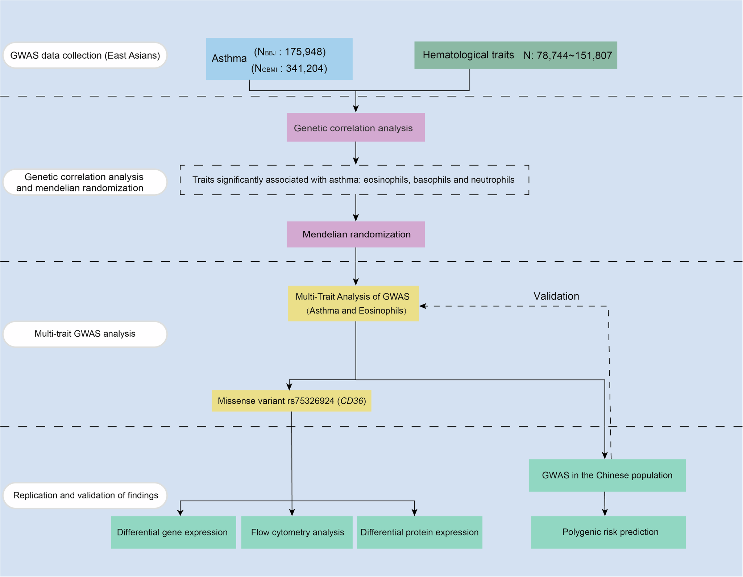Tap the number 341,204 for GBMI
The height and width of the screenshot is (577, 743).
tap(306, 69)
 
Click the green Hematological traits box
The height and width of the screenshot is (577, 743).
tap(515, 55)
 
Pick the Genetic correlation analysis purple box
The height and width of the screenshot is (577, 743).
tap(355, 128)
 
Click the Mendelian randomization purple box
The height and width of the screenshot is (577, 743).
tap(355, 234)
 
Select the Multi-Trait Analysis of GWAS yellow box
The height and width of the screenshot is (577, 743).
tap(353, 303)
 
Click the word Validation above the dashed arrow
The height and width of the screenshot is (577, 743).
tap(556, 296)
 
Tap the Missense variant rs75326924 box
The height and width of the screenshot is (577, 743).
tap(291, 401)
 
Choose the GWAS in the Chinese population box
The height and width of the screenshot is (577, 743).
tap(607, 475)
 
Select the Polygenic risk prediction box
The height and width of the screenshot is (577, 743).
tap(608, 532)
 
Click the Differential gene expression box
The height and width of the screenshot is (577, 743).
tap(173, 532)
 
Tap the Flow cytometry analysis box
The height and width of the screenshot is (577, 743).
tap(296, 532)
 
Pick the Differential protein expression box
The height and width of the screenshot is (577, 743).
tap(419, 532)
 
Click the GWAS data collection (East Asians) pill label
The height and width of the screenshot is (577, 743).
tap(85, 55)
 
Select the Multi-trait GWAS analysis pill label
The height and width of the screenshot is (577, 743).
tap(85, 334)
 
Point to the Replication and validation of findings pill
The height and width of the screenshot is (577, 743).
tap(85, 495)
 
